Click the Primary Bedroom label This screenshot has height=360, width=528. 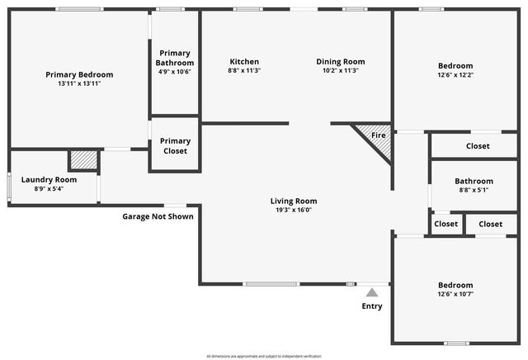click(x=79, y=74)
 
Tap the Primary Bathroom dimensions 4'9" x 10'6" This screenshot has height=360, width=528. click(x=175, y=72)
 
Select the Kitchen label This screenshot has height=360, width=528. click(x=244, y=62)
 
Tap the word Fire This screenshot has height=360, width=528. click(x=379, y=135)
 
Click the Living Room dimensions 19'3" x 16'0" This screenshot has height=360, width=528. click(x=293, y=210)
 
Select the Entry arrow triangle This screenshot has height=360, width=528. click(x=373, y=292)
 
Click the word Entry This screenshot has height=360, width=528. click(x=372, y=306)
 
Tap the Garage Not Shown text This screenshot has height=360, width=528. click(x=158, y=216)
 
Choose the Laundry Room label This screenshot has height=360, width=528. click(x=49, y=179)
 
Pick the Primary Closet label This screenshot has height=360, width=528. click(x=175, y=146)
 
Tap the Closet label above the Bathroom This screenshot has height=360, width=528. click(x=478, y=146)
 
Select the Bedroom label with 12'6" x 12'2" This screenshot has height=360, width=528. click(x=455, y=66)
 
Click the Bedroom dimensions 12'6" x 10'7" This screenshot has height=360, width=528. click(x=455, y=294)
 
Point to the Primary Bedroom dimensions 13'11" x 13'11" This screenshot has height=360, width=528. click(x=79, y=83)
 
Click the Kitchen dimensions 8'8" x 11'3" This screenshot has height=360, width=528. click(x=244, y=71)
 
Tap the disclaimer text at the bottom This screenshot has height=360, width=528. click(x=264, y=355)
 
